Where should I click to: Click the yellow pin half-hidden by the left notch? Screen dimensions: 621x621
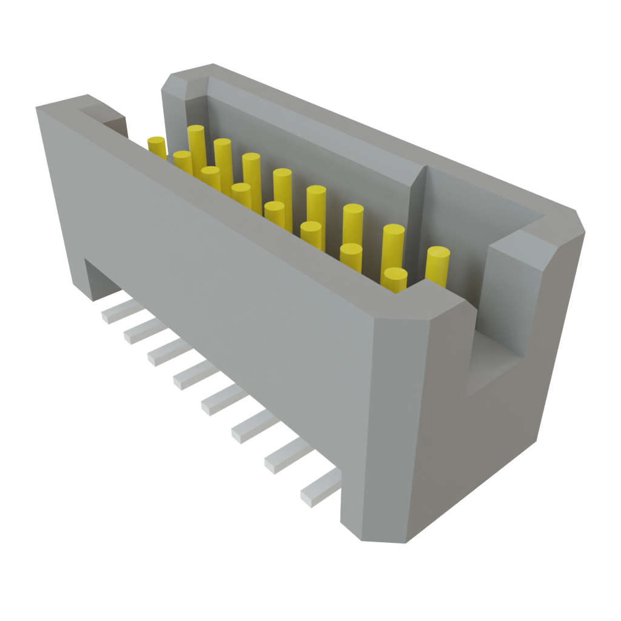click(x=157, y=147)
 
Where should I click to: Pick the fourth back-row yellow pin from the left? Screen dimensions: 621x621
click(x=282, y=188)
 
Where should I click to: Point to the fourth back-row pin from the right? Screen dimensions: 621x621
click(x=316, y=205)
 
